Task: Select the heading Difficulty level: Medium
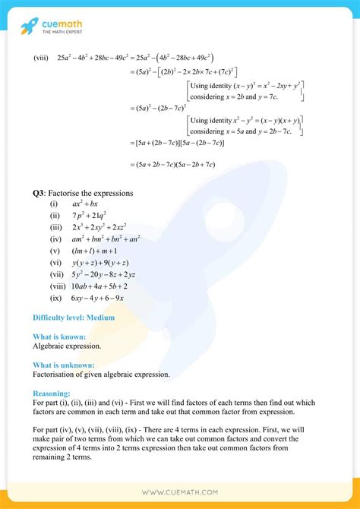pyautogui.click(x=74, y=317)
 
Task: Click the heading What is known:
pyautogui.click(x=59, y=336)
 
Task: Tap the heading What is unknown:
pyautogui.click(x=64, y=365)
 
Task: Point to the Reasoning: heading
pyautogui.click(x=52, y=394)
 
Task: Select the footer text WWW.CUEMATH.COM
pyautogui.click(x=180, y=492)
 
